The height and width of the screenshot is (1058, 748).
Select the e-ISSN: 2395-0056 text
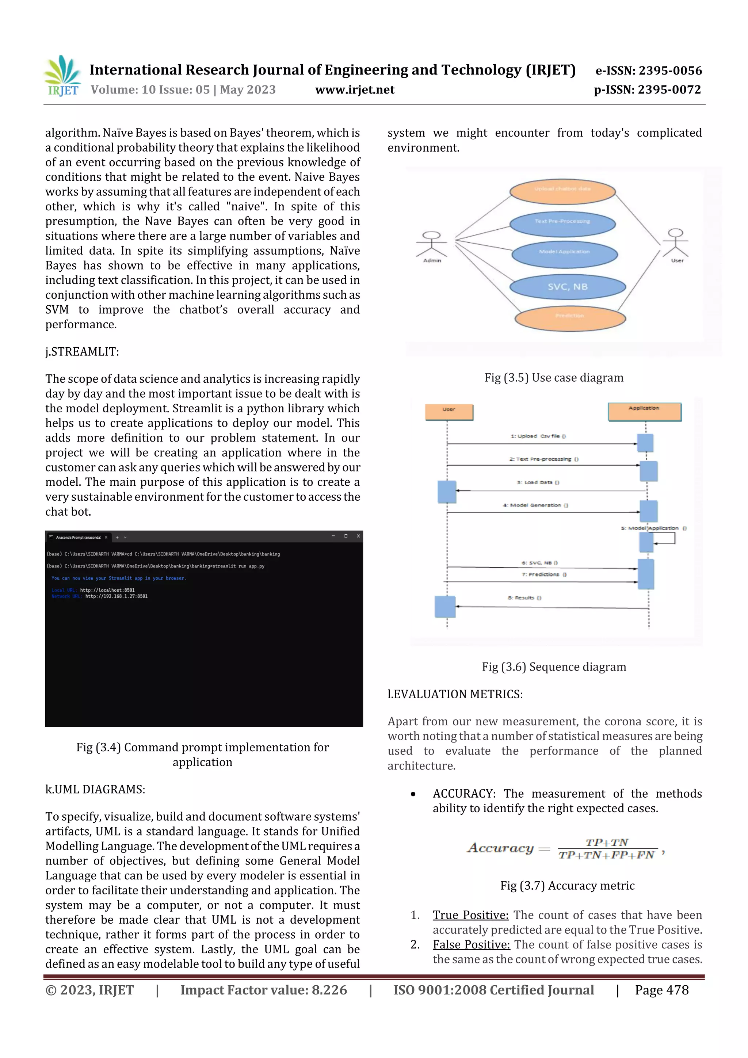pyautogui.click(x=648, y=70)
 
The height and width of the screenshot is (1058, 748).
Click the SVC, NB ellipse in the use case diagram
pyautogui.click(x=567, y=287)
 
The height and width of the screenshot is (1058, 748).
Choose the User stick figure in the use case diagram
pyautogui.click(x=676, y=245)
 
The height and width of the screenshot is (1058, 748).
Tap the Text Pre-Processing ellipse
pyautogui.click(x=562, y=222)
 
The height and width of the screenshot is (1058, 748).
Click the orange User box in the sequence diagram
pyautogui.click(x=449, y=412)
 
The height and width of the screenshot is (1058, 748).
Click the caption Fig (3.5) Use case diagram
pyautogui.click(x=553, y=378)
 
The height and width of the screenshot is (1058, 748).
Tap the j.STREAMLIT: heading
pyautogui.click(x=82, y=352)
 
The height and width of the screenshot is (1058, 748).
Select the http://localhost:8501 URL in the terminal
pyautogui.click(x=107, y=590)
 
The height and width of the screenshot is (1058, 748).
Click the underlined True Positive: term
pyautogui.click(x=470, y=915)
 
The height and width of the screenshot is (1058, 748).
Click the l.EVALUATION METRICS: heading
pyautogui.click(x=455, y=694)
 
